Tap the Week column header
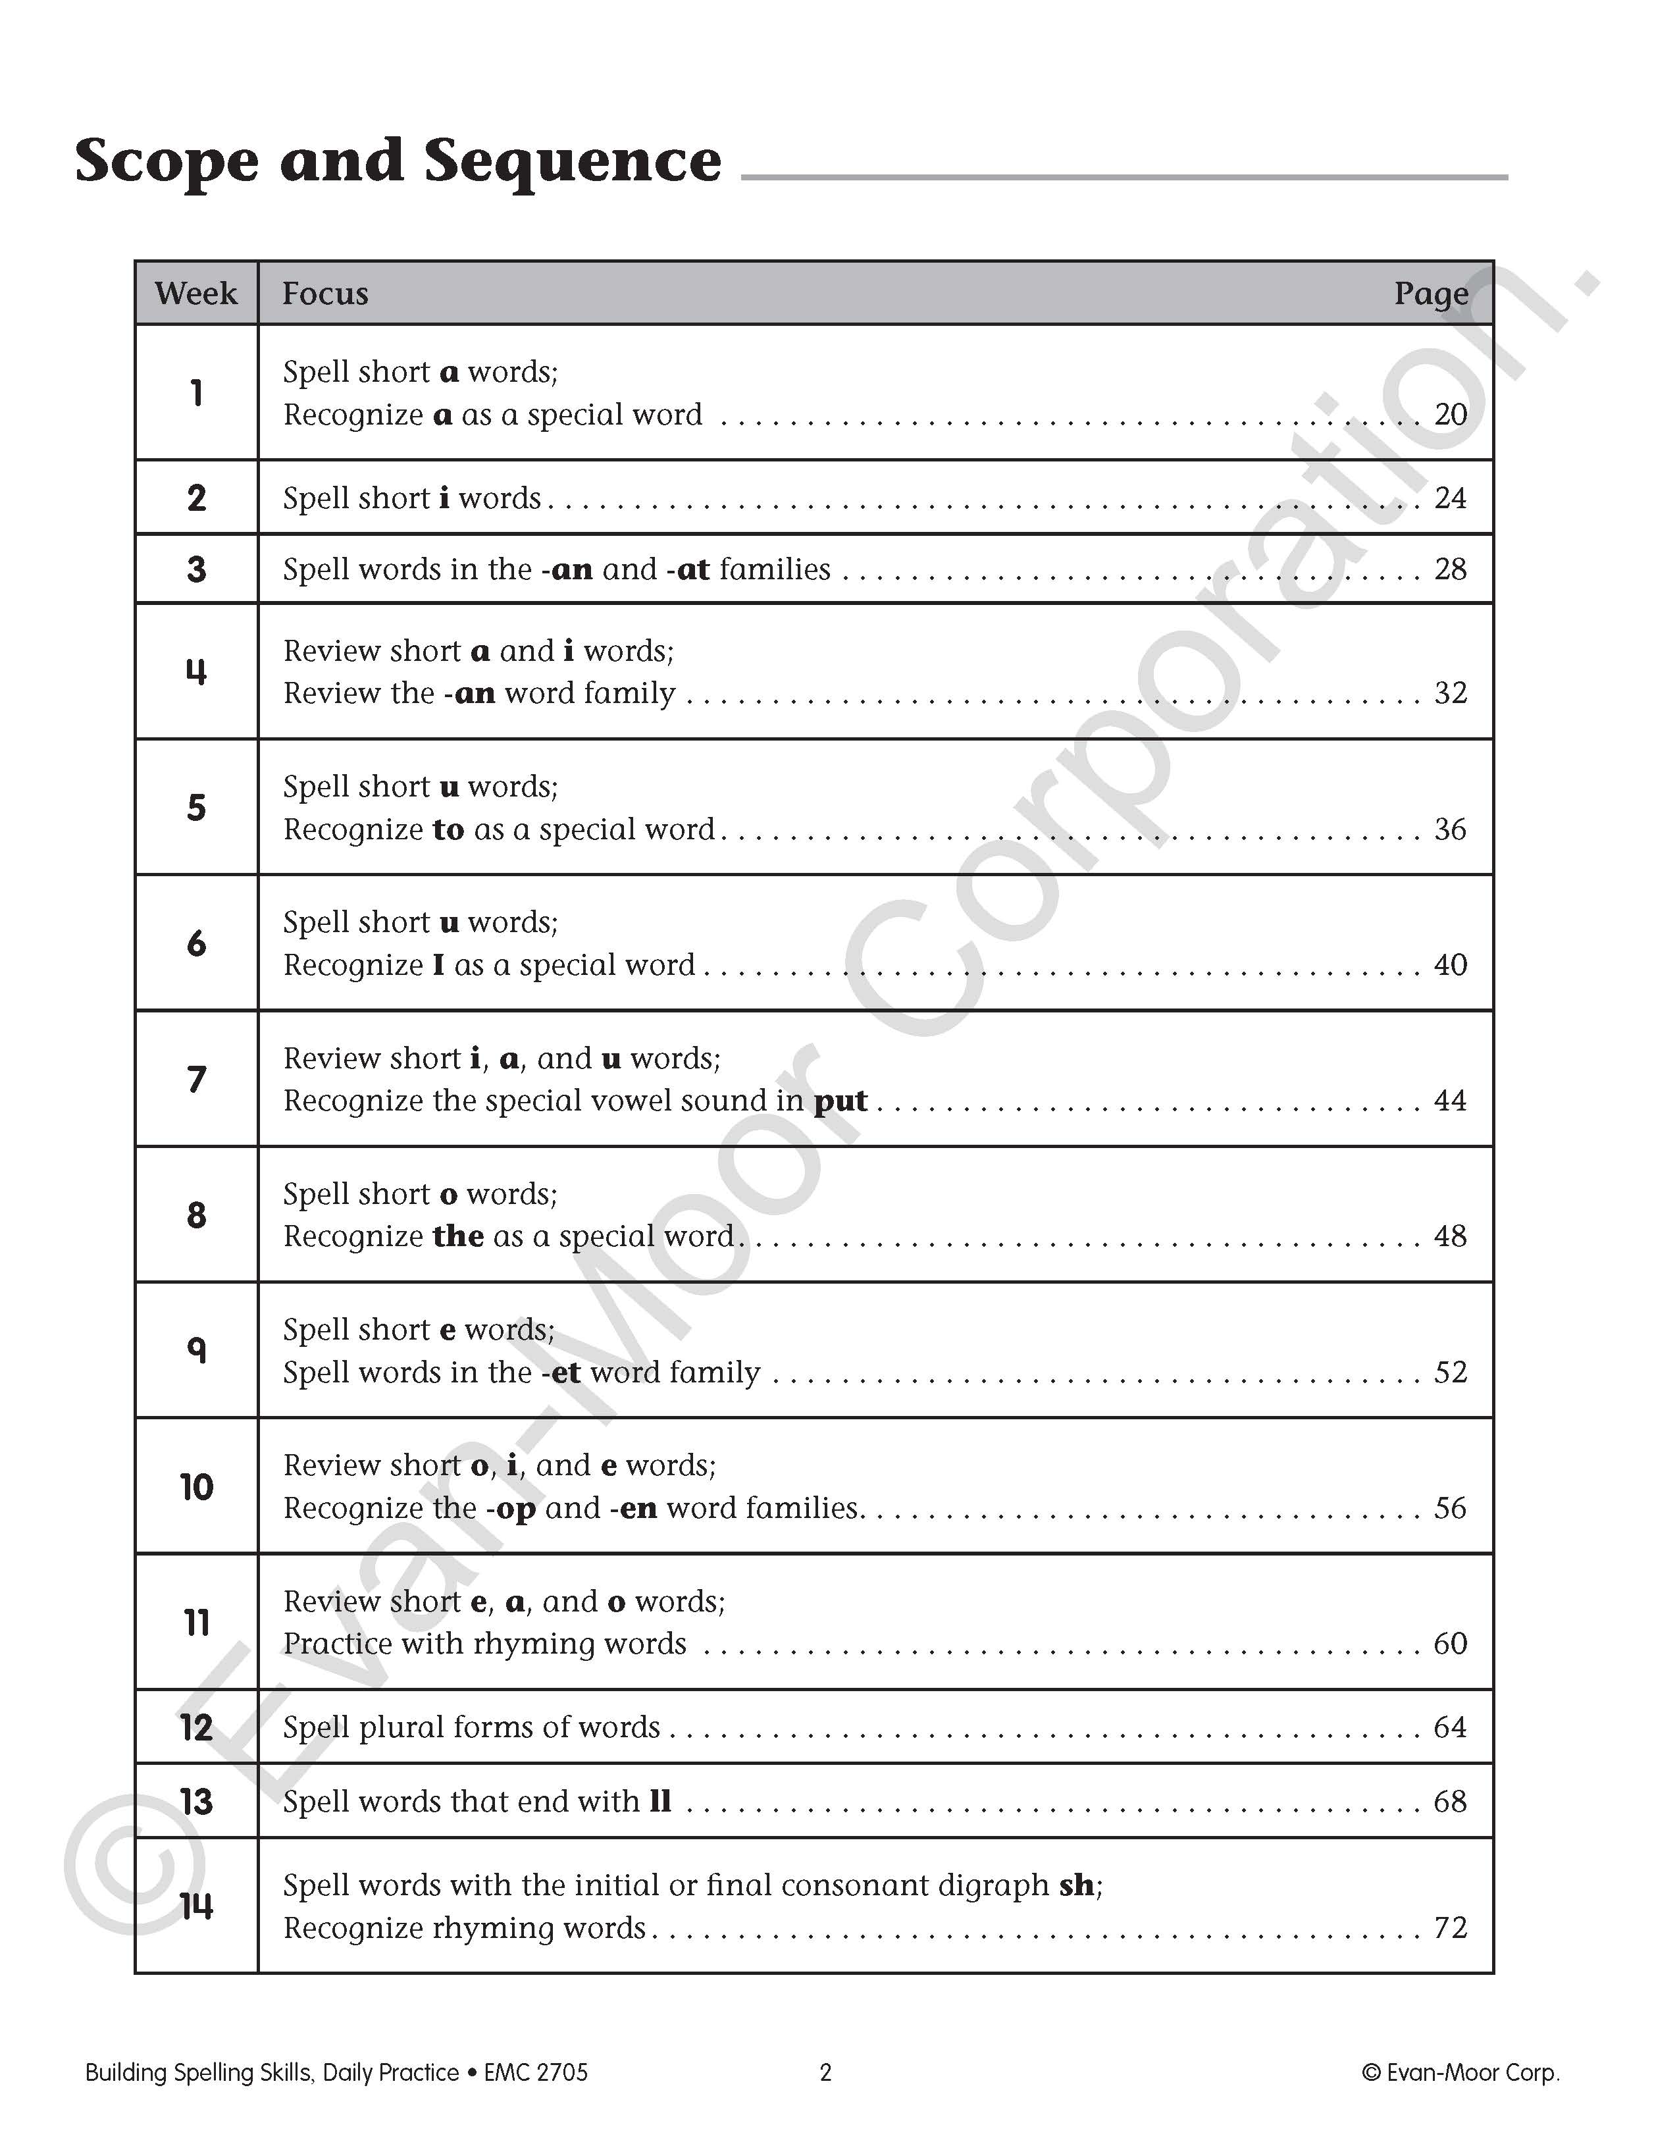(195, 293)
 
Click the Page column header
(1431, 293)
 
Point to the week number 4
(197, 671)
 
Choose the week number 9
(197, 1349)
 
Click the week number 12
(197, 1727)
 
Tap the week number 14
(197, 1906)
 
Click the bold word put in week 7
(840, 1101)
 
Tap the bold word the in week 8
(458, 1236)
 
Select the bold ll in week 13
(660, 1801)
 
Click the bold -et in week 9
(561, 1372)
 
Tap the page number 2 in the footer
(825, 2072)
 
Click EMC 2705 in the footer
(536, 2072)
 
